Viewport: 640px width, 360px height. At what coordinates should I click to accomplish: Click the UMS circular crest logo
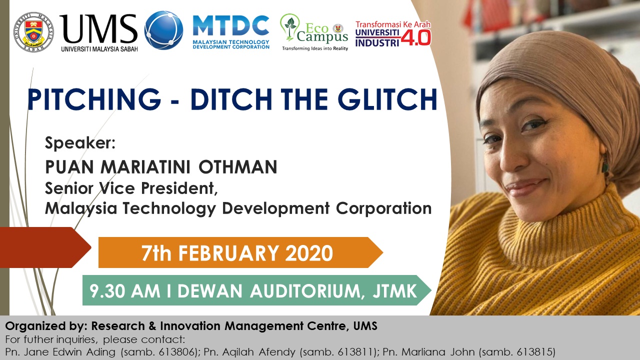(x=33, y=32)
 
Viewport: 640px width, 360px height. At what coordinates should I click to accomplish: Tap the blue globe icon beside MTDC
(x=163, y=30)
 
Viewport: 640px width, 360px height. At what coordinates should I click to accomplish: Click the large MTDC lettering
(x=231, y=25)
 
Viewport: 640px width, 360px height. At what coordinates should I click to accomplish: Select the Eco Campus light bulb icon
(x=290, y=27)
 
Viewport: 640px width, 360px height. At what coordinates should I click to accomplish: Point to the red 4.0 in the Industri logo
(x=415, y=37)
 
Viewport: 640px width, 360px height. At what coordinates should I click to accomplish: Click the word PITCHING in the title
(x=94, y=99)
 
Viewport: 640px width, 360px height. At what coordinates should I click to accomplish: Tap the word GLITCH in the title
(x=387, y=99)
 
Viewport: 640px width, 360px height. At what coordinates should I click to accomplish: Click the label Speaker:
(x=80, y=143)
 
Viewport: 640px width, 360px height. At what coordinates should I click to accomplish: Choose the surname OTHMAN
(x=237, y=167)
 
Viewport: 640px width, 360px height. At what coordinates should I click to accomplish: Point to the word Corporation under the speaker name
(x=383, y=209)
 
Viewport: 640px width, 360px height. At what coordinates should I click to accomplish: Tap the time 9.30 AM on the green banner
(x=125, y=291)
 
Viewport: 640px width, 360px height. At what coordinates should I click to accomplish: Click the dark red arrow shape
(x=44, y=247)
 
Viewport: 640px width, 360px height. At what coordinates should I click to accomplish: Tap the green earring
(x=604, y=165)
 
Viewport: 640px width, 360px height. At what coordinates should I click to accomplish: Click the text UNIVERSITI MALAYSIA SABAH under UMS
(x=99, y=49)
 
